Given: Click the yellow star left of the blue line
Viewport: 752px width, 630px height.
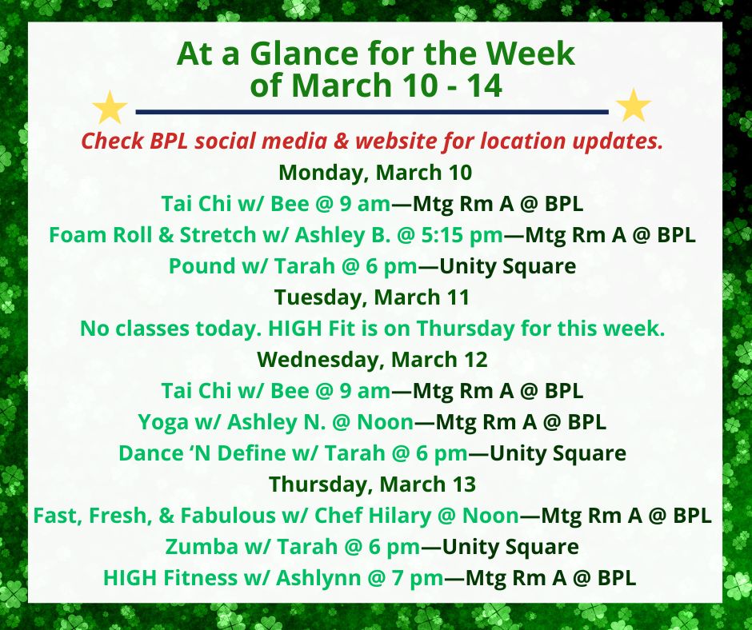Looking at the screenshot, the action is [110, 107].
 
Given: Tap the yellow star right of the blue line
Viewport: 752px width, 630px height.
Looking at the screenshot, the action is [633, 105].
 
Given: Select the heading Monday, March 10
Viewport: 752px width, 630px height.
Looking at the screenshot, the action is [375, 173].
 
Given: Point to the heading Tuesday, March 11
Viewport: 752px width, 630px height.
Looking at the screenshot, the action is [372, 297].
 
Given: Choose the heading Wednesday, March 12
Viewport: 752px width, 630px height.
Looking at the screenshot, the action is [372, 360].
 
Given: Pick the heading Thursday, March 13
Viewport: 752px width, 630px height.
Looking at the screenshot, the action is [372, 484].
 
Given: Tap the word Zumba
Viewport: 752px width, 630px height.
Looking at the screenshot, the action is [202, 547].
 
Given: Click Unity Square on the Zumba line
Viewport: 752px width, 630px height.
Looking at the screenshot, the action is [510, 547].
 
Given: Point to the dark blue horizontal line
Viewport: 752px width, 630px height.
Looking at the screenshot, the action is [372, 112].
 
